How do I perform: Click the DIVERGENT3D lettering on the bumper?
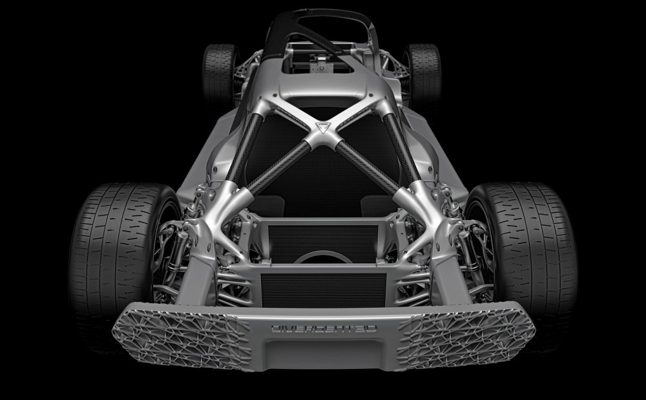pos(324,329)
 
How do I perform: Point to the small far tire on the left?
pos(218,74)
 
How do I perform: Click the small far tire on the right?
pos(424,74)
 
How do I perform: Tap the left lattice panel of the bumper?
pos(182,335)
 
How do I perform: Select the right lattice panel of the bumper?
pos(466,335)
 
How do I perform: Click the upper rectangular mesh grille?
pos(323,243)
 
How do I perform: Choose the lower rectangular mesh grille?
pos(324,290)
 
